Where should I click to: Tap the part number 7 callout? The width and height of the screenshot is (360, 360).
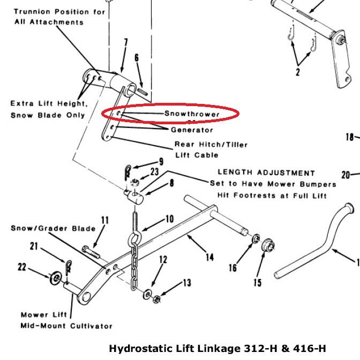[x=125, y=42]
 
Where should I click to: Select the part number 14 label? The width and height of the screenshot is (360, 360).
[x=209, y=258]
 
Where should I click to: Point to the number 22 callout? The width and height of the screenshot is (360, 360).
[x=22, y=267]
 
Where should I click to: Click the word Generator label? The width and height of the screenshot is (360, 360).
[x=192, y=130]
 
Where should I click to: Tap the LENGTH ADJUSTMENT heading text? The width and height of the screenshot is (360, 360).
[x=266, y=173]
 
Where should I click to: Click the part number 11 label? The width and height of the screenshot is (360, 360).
[x=104, y=220]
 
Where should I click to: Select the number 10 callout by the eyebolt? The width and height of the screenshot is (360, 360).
[x=169, y=219]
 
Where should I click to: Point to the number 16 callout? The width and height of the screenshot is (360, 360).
[x=233, y=267]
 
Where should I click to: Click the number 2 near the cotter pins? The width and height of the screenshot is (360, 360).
[x=297, y=72]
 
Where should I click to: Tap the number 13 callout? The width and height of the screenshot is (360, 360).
[x=186, y=283]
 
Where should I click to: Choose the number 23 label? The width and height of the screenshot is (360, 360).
[x=155, y=172]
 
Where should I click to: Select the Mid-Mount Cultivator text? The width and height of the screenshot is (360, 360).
[x=66, y=326]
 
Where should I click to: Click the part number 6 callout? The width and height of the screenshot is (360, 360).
[x=137, y=58]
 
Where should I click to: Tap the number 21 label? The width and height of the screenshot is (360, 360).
[x=35, y=246]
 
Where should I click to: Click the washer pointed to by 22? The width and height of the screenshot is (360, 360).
[x=56, y=277]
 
